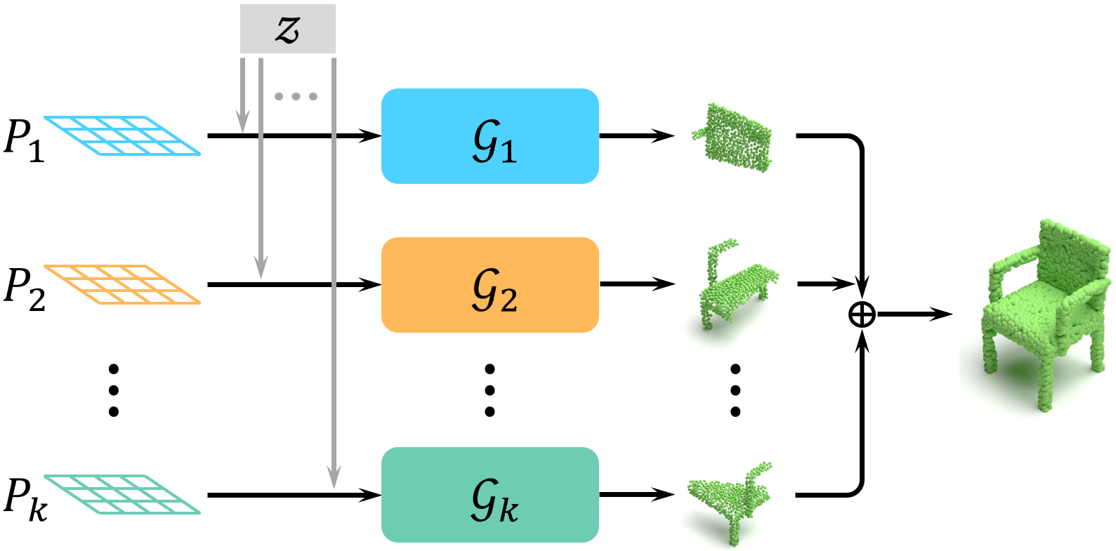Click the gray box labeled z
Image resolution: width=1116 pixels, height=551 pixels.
click(287, 29)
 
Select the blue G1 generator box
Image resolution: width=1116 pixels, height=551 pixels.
click(490, 136)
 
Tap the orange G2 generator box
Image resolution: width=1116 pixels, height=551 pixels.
click(490, 285)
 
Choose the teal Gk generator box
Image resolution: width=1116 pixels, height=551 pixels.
click(490, 495)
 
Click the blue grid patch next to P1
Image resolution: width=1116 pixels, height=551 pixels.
click(123, 135)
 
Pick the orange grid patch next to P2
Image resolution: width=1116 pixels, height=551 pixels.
click(123, 284)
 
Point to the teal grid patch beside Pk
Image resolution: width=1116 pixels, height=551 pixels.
click(123, 494)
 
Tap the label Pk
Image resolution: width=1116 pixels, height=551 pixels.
click(25, 499)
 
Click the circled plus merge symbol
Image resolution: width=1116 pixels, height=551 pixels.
click(862, 314)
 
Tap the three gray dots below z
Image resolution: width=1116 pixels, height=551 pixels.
click(296, 96)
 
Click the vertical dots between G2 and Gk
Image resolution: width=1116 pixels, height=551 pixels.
click(490, 390)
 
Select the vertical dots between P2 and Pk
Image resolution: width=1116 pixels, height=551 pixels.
click(114, 390)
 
